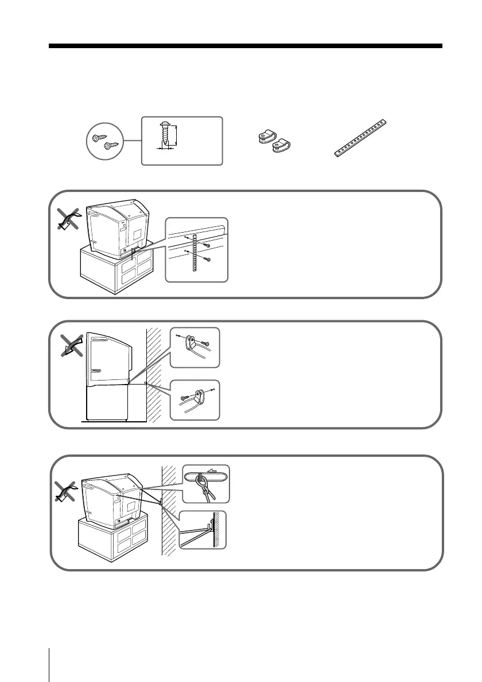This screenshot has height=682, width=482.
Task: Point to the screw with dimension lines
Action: (166, 136)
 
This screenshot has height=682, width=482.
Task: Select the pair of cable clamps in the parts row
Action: (273, 142)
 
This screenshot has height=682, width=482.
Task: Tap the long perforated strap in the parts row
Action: (361, 138)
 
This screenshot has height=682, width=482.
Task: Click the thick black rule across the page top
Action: (245, 46)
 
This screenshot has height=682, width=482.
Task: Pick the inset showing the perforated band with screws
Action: (196, 249)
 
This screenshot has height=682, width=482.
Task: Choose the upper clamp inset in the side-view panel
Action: (195, 347)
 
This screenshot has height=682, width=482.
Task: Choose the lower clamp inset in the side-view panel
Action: (195, 399)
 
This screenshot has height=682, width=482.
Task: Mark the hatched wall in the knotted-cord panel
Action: (168, 510)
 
